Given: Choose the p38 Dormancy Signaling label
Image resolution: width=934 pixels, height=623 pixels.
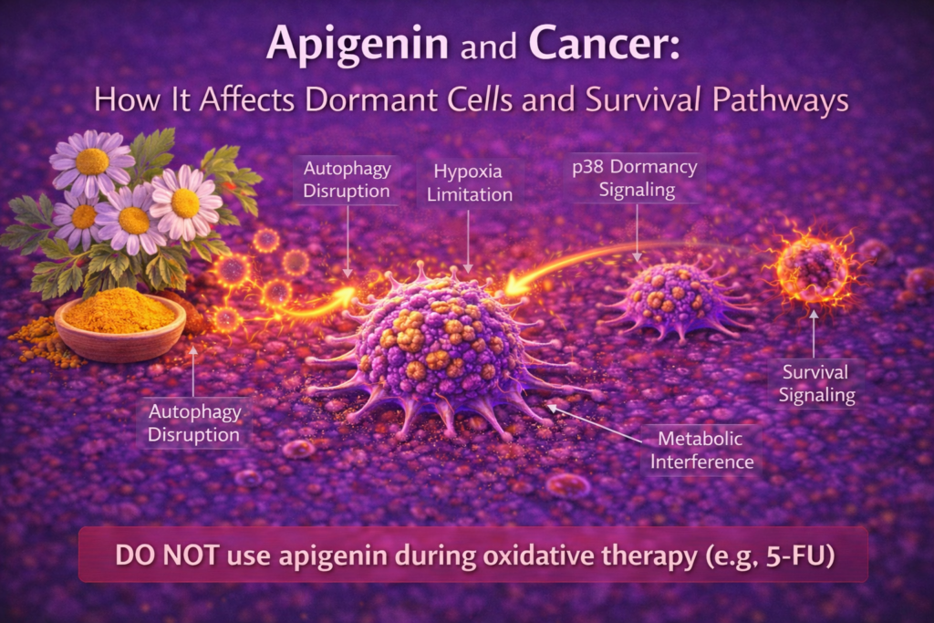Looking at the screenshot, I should click(x=636, y=180).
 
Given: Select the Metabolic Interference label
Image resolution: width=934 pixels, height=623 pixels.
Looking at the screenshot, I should click(x=700, y=451).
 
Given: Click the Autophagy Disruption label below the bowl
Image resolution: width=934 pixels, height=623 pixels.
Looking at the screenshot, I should click(x=195, y=423).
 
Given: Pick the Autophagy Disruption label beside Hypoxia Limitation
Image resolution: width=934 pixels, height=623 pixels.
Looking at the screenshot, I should click(x=348, y=181).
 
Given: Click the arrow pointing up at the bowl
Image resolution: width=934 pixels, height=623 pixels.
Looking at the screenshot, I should click(x=193, y=369).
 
